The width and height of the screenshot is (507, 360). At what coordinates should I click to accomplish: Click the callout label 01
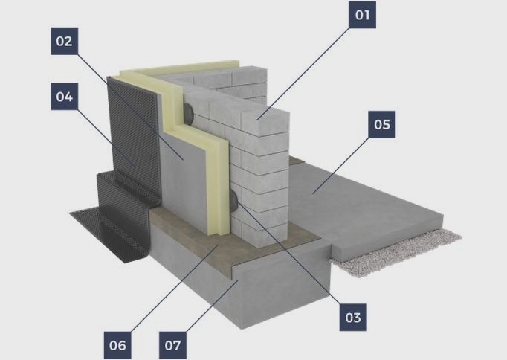(x=362, y=15)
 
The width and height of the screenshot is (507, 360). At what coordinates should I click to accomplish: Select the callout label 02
(x=64, y=41)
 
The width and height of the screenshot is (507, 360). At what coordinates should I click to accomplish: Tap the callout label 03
(x=353, y=318)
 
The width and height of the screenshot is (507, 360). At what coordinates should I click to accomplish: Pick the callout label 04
(x=64, y=97)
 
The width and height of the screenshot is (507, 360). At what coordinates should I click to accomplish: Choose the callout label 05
(x=382, y=124)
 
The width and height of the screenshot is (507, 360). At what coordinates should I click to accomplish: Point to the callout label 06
(x=117, y=345)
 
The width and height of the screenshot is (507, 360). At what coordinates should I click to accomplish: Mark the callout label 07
(x=172, y=345)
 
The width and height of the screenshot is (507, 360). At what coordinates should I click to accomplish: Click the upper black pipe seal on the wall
(x=189, y=113)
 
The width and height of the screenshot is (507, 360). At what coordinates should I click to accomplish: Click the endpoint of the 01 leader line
(x=258, y=120)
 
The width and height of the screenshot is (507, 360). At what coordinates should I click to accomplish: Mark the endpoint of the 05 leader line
(x=312, y=194)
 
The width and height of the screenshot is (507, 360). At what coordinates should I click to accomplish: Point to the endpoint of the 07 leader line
(x=239, y=280)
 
